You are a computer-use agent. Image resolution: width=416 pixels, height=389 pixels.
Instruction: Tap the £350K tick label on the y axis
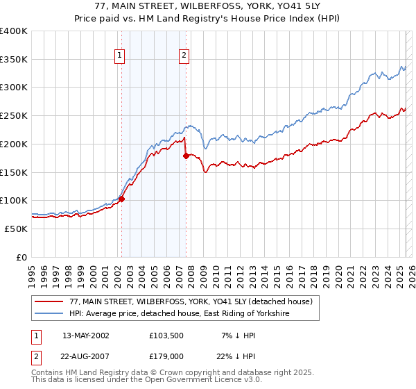coord(14,60)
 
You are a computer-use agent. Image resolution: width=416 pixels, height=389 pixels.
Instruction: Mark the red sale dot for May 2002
coord(121,199)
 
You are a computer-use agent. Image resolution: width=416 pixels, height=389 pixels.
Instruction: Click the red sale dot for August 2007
coord(186,156)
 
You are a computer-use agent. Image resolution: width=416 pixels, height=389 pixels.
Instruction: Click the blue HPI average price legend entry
coord(179,314)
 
